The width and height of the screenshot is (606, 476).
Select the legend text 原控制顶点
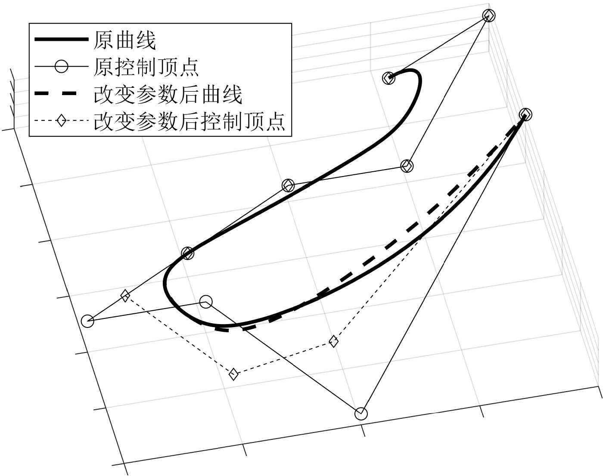tap(146, 67)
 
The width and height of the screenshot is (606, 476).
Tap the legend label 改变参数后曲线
tap(168, 94)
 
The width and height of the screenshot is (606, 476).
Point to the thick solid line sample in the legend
tap(61, 40)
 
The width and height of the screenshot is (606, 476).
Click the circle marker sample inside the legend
tap(61, 67)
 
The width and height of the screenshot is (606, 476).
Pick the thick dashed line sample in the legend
tap(61, 94)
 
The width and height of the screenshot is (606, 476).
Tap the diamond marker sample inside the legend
tap(61, 121)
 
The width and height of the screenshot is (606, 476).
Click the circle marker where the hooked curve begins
tap(389, 78)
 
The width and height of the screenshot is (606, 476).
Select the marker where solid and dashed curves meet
tap(525, 114)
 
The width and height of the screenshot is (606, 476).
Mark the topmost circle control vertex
tap(489, 15)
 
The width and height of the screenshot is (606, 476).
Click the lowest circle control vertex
tap(361, 413)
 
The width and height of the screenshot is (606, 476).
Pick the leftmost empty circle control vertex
tap(87, 321)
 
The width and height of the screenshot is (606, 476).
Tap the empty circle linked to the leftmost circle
tap(206, 302)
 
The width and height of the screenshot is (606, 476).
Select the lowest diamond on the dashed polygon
tap(233, 374)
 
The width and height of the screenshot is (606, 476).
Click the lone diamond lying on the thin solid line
tap(125, 296)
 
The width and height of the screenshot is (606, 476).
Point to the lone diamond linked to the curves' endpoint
tap(333, 341)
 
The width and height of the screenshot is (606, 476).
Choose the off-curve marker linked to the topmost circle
tap(407, 166)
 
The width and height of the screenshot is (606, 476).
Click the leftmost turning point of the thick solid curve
tap(165, 284)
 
